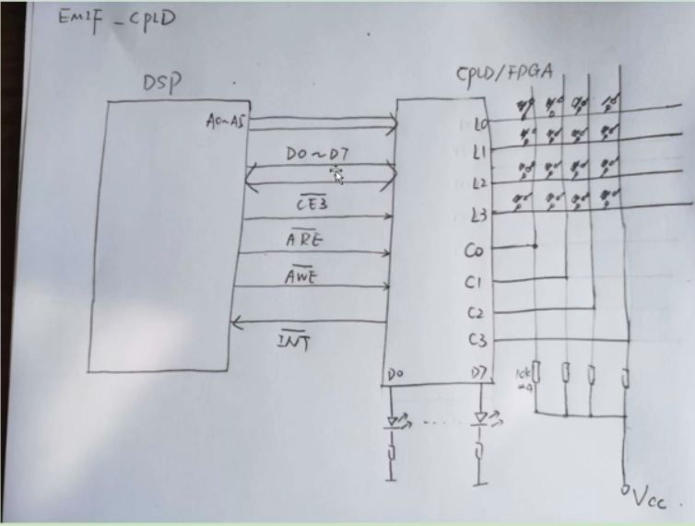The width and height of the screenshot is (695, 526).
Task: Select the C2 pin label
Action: point(477,312)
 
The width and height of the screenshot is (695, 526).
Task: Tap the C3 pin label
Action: point(477,341)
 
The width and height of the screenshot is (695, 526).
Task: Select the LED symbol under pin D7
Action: point(480,418)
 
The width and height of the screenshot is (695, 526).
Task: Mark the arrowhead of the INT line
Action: point(237,321)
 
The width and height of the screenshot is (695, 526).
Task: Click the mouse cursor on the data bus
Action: point(337,175)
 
